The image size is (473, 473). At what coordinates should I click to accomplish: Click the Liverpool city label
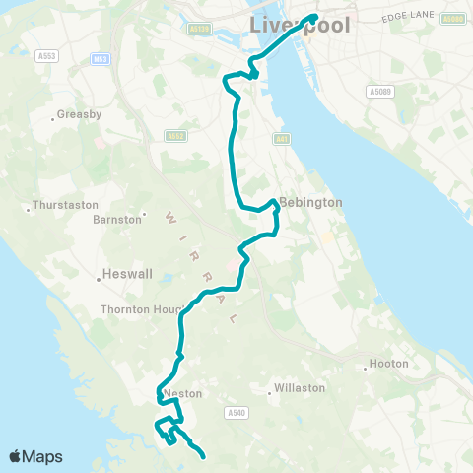(x=300, y=25)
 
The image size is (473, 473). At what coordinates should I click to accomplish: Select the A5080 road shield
(x=453, y=19)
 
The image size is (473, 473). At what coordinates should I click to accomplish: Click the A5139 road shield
(x=198, y=30)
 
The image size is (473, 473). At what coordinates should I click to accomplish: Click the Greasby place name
(x=79, y=114)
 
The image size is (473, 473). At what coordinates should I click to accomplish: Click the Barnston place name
(x=116, y=219)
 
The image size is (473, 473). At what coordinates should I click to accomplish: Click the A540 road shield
(x=235, y=412)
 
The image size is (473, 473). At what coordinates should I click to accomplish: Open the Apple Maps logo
(x=36, y=456)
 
